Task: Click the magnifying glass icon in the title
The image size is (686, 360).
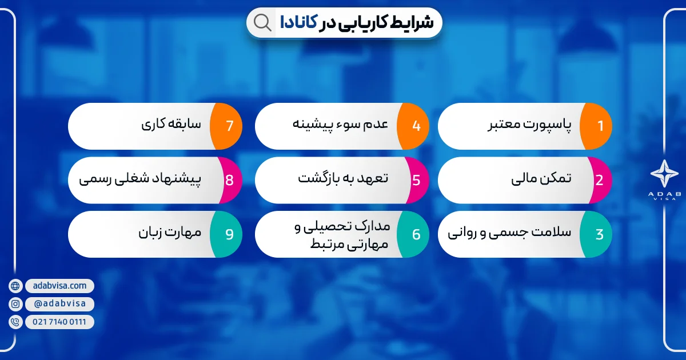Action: (x=262, y=22)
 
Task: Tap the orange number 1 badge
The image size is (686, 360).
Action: (x=597, y=126)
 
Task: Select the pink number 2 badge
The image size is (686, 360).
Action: (x=597, y=180)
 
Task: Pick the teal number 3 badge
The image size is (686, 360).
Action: (x=597, y=234)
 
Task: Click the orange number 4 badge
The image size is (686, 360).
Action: (x=414, y=126)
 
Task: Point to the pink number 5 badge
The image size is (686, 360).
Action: (x=414, y=180)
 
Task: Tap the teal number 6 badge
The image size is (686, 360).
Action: (x=414, y=234)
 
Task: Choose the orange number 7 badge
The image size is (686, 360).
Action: (x=228, y=126)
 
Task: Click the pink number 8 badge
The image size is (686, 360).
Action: (x=228, y=180)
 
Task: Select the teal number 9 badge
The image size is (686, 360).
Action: (x=228, y=234)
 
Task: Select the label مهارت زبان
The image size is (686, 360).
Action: (x=169, y=233)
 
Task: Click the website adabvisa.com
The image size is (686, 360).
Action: (x=60, y=285)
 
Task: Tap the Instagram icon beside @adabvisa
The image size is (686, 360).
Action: (x=15, y=304)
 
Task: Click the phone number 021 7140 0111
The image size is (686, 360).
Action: (x=59, y=322)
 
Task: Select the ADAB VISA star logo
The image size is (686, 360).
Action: (x=664, y=173)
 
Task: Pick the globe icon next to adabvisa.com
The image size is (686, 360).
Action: (x=15, y=286)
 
